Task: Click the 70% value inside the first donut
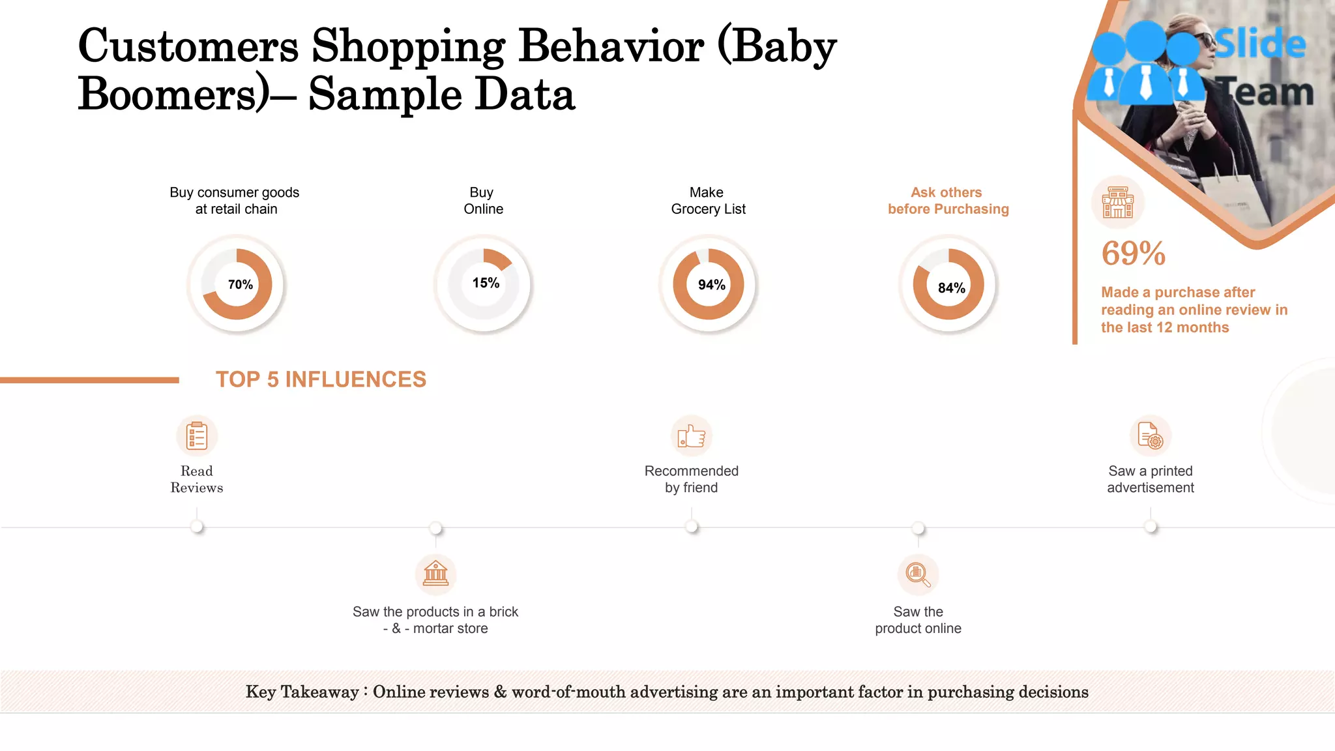[240, 285]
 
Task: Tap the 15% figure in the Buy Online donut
[486, 283]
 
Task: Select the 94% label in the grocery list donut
[711, 285]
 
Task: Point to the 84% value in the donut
[951, 288]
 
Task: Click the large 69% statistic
[1133, 254]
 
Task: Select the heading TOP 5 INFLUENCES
[321, 379]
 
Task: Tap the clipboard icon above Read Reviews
[197, 436]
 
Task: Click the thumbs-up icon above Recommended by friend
[692, 436]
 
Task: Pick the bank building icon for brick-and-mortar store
[435, 574]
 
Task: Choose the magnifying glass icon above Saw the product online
[918, 574]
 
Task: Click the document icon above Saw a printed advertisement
[1150, 436]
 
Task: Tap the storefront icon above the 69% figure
[1117, 202]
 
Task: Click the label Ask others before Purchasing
[948, 201]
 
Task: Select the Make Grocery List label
[708, 201]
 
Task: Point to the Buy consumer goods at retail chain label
[235, 201]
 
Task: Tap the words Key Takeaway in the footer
[302, 692]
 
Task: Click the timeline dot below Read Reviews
[197, 527]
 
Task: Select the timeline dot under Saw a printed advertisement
[1151, 527]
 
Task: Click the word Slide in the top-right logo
[1260, 44]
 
